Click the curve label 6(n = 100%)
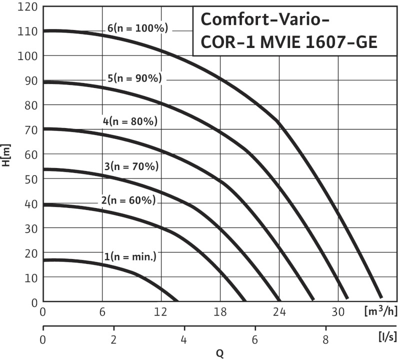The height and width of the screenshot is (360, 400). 137,28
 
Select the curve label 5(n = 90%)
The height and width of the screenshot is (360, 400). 134,78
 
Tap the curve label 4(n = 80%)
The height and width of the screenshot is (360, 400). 129,121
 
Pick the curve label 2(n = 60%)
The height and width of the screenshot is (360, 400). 128,200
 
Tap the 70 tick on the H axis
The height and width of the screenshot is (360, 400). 31,129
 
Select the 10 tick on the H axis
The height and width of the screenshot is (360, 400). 31,277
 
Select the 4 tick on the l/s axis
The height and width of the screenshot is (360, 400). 184,343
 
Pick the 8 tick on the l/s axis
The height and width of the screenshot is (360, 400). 326,343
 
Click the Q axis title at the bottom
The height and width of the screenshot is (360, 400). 219,353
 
